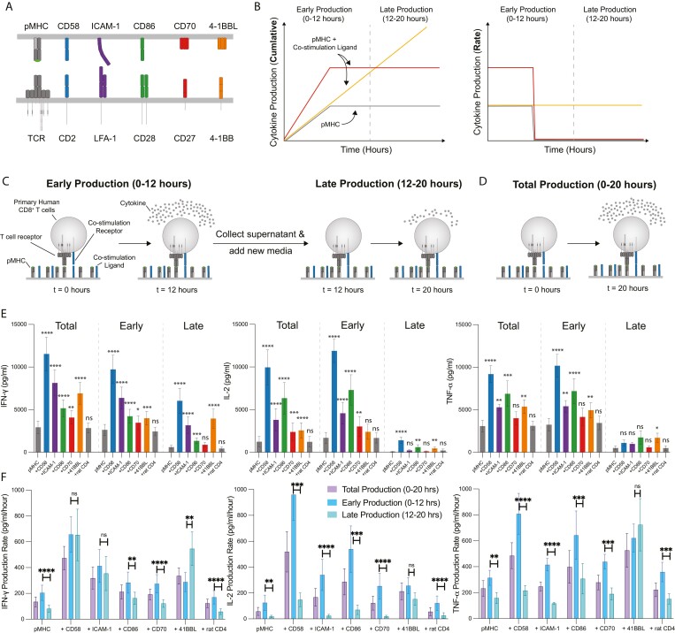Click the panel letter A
coord(8,8)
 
